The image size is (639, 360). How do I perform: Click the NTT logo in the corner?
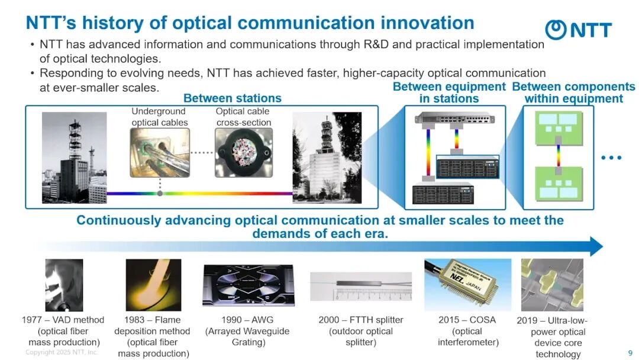578,30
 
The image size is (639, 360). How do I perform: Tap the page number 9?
630,353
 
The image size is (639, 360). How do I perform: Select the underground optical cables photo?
160,153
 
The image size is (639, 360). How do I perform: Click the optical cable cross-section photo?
244,153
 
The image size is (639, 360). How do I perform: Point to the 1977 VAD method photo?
64,285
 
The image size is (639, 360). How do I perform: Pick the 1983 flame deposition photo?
153,285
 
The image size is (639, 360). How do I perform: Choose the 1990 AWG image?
248,285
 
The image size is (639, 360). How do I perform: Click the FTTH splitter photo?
361,286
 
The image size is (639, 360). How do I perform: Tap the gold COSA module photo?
468,285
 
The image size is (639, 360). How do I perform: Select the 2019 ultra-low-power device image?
552,285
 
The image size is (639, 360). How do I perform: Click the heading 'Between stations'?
233,98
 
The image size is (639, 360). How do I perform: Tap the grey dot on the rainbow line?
160,193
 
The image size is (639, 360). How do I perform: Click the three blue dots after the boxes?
611,157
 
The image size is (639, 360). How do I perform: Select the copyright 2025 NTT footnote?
62,352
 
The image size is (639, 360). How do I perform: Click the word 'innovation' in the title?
427,23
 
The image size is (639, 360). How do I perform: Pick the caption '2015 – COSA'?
467,320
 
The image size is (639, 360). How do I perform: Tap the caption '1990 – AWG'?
247,320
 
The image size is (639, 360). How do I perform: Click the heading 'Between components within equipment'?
574,92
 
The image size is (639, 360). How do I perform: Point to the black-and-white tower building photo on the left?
74,157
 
